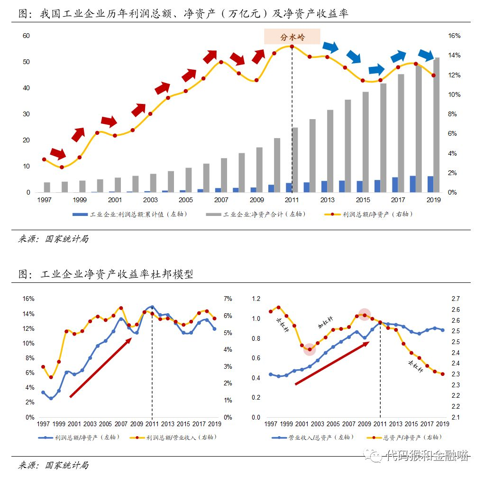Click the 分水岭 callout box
click(x=292, y=37)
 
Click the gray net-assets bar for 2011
click(x=295, y=160)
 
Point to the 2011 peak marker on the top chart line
click(x=292, y=47)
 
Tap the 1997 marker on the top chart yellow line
click(x=44, y=159)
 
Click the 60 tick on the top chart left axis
click(x=27, y=36)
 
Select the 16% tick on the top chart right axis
click(x=454, y=36)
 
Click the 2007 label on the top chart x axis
click(x=221, y=200)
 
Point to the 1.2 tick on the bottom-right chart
click(x=256, y=299)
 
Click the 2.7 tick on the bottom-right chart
click(x=454, y=299)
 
